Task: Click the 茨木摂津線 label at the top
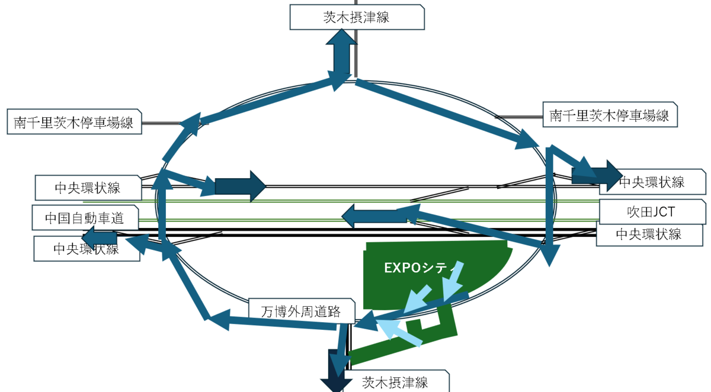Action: pyautogui.click(x=357, y=17)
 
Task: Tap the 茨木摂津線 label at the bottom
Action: pyautogui.click(x=395, y=381)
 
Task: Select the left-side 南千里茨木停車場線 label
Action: pyautogui.click(x=74, y=122)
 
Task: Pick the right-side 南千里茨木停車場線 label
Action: pyautogui.click(x=610, y=115)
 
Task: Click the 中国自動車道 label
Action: pyautogui.click(x=85, y=217)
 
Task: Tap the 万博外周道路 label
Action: pyautogui.click(x=301, y=311)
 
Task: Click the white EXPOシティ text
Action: pyautogui.click(x=419, y=268)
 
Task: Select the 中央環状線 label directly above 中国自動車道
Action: pyautogui.click(x=88, y=188)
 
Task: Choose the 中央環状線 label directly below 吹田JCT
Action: pyautogui.click(x=649, y=234)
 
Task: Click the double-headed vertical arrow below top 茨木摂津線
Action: pyautogui.click(x=341, y=56)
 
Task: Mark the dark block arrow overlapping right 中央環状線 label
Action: pyautogui.click(x=597, y=176)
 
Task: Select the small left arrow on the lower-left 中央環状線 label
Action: pyautogui.click(x=100, y=238)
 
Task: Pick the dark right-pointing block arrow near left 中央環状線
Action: pyautogui.click(x=241, y=186)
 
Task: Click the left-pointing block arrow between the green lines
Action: pyautogui.click(x=374, y=216)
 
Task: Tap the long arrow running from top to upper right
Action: pyautogui.click(x=447, y=114)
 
